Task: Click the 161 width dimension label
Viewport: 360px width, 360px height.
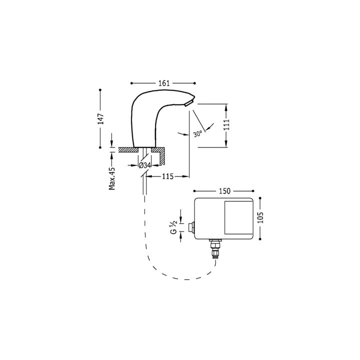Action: click(x=164, y=83)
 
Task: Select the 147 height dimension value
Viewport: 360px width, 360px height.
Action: click(x=100, y=118)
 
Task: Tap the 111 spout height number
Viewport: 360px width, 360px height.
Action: click(x=226, y=124)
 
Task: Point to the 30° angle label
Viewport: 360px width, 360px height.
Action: click(x=197, y=133)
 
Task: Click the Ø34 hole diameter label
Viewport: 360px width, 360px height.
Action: click(x=145, y=165)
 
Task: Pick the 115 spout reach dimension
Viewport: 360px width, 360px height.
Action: click(x=168, y=176)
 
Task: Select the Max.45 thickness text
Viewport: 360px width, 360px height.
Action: click(x=112, y=178)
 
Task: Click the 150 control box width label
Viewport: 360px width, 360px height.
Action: click(x=224, y=191)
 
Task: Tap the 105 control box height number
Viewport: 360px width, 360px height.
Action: click(x=260, y=217)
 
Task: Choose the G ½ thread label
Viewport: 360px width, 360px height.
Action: click(x=173, y=227)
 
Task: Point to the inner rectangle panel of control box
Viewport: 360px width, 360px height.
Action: click(x=238, y=217)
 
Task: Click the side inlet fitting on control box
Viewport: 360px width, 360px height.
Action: click(x=191, y=227)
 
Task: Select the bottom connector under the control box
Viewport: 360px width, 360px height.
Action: click(x=215, y=248)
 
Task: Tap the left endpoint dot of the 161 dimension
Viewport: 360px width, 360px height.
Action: click(x=131, y=83)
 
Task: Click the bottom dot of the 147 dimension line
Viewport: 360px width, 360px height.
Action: click(x=100, y=147)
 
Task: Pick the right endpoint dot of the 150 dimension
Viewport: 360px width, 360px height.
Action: click(x=253, y=191)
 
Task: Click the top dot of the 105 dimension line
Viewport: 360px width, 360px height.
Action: click(x=260, y=198)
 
